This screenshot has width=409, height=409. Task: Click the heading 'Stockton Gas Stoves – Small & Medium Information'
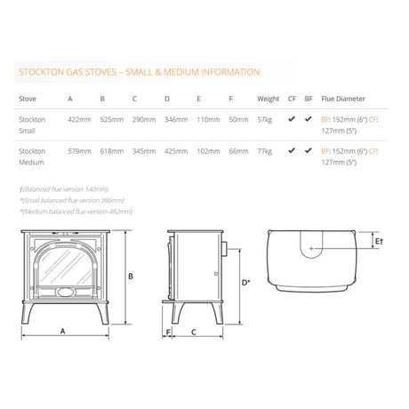(139, 72)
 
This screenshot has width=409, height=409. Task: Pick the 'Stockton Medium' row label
(33, 156)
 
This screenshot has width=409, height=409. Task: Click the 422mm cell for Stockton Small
(79, 119)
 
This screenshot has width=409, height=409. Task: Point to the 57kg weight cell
(265, 119)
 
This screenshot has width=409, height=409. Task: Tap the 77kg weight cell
(265, 152)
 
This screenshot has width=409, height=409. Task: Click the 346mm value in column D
(176, 119)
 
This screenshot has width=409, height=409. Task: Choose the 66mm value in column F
(238, 152)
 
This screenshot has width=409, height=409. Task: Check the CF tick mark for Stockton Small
(292, 118)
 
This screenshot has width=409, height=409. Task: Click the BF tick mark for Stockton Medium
(308, 151)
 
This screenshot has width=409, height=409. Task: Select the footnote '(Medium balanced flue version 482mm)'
(76, 212)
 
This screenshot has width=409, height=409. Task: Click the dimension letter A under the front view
(62, 330)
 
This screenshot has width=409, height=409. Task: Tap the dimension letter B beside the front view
(130, 277)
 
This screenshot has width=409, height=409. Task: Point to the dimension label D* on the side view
(245, 282)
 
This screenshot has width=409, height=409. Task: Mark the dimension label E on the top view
(376, 241)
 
